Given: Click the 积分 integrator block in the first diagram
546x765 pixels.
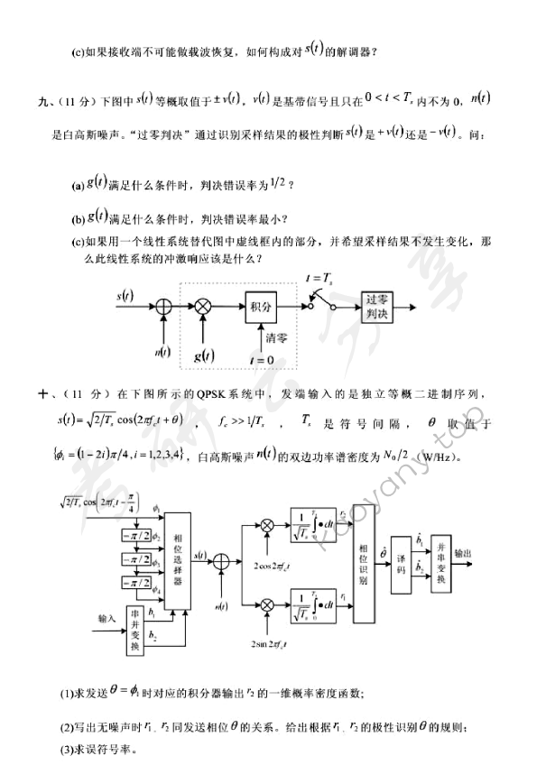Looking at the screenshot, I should click(x=261, y=308).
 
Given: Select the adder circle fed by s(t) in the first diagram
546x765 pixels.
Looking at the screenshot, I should click(x=162, y=308).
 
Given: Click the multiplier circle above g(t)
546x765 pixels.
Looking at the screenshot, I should click(x=203, y=308).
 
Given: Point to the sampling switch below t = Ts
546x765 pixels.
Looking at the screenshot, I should click(x=319, y=304).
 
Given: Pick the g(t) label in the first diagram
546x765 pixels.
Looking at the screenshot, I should click(x=205, y=355).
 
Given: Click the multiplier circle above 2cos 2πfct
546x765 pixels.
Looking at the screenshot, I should click(x=268, y=524).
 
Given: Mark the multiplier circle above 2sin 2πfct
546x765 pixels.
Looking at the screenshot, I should click(x=268, y=599).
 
